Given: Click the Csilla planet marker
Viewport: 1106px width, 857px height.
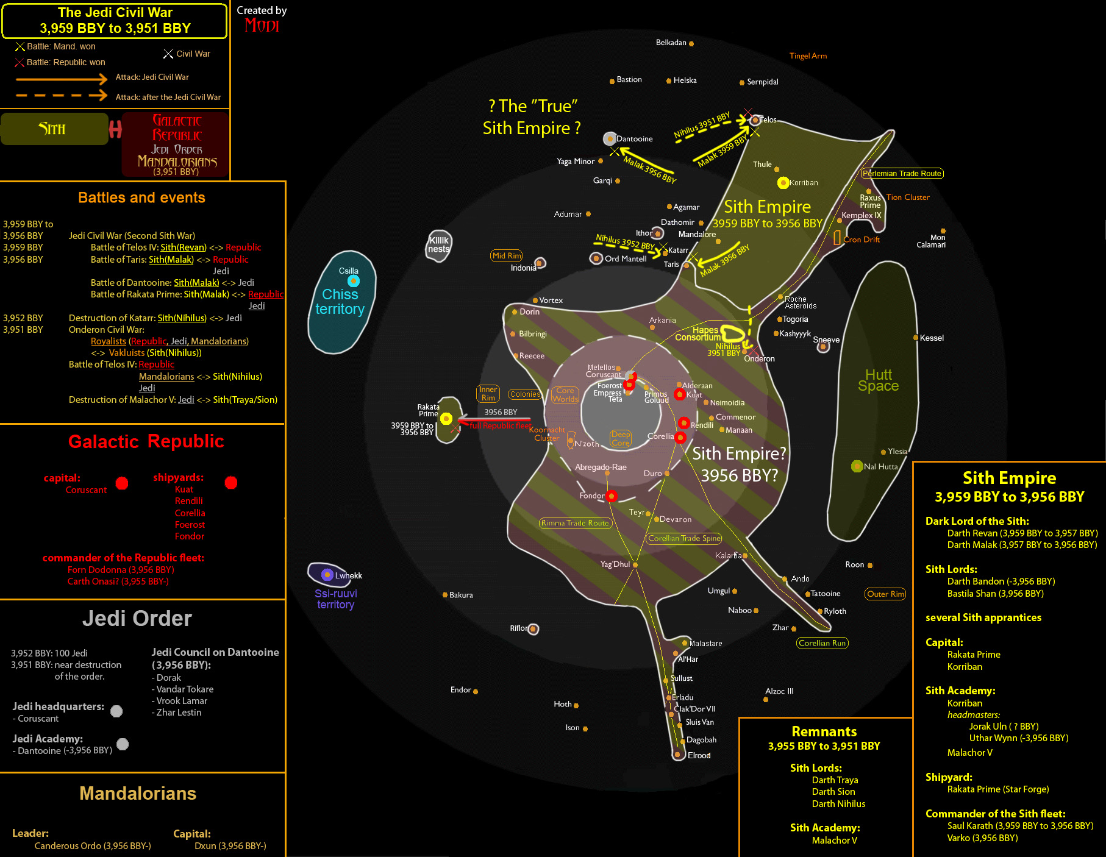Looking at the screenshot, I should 354,281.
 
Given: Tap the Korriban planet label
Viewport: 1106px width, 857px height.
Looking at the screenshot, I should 804,183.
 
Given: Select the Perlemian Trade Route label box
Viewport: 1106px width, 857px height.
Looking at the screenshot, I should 902,174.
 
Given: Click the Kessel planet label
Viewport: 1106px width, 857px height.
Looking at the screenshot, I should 932,338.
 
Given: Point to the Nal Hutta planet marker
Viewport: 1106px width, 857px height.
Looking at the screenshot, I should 857,466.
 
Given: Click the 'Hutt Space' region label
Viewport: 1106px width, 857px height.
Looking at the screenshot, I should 878,380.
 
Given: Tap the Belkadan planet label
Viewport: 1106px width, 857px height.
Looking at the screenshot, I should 671,43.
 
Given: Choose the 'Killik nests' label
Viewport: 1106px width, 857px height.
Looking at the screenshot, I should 438,244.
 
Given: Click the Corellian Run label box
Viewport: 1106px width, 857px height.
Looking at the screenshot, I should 822,643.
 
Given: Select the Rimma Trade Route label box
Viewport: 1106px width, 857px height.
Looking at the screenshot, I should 575,523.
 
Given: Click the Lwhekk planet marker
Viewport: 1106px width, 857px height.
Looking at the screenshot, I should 327,575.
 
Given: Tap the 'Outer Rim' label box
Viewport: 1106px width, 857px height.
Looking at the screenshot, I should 885,594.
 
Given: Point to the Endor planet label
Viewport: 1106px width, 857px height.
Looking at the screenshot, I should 460,690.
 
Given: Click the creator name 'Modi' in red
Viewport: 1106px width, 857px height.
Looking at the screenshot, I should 262,26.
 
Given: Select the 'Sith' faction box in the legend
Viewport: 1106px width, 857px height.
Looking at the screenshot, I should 54,129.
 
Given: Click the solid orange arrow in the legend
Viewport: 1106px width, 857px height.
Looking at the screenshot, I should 61,79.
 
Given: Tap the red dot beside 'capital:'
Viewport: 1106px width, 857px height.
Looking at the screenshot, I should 122,483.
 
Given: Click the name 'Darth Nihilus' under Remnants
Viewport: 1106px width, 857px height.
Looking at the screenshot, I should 838,804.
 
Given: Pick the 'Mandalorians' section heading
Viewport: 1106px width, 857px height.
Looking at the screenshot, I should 138,793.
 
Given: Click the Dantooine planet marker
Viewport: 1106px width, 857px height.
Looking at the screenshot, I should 610,139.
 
